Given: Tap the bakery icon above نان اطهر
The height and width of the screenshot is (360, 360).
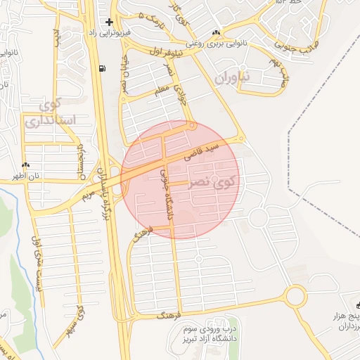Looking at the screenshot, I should (x=26, y=165).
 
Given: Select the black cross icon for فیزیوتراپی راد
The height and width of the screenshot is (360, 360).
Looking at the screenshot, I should (x=109, y=22).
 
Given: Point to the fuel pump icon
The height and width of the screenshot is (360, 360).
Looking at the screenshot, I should (x=104, y=68).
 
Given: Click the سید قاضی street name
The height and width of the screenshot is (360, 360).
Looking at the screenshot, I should (x=204, y=150).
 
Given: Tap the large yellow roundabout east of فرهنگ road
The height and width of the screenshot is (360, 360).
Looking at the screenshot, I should (x=296, y=297).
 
